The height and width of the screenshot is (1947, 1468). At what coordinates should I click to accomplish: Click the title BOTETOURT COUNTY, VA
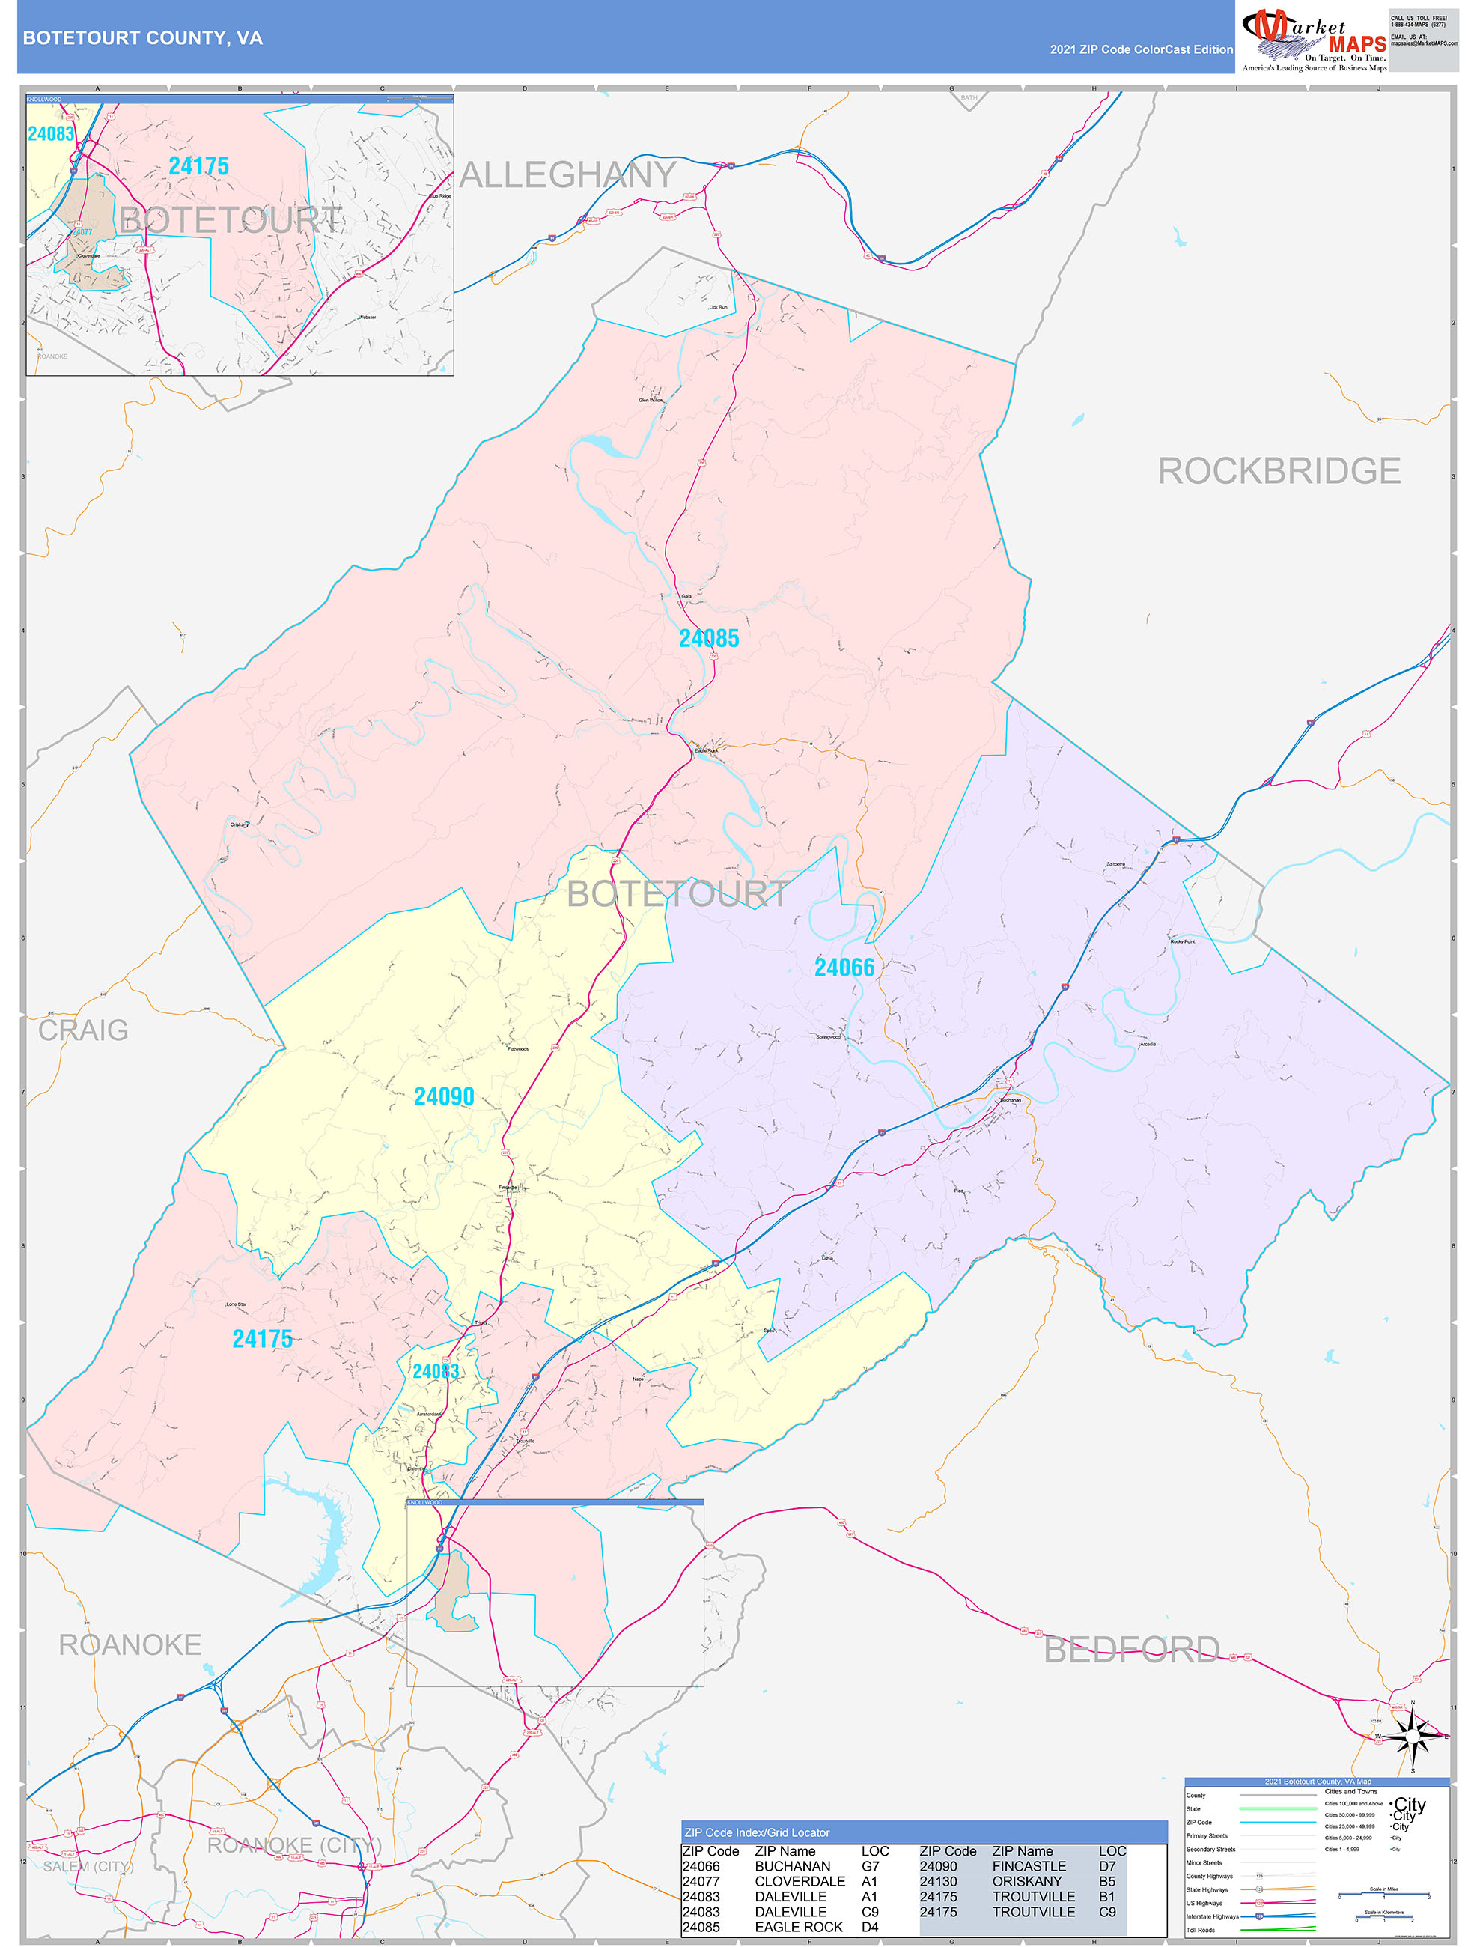coord(142,38)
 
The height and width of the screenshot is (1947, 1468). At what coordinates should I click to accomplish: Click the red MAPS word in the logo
coord(1356,44)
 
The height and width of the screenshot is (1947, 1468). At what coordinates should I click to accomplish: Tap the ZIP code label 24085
coord(708,638)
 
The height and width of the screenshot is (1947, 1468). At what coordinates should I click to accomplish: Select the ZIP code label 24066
coord(844,968)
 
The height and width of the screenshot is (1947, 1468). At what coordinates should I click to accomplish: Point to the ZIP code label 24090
coord(444,1096)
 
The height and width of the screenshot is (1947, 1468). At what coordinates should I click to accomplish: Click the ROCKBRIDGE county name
coord(1278,471)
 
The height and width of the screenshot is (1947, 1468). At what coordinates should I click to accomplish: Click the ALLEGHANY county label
coord(567,175)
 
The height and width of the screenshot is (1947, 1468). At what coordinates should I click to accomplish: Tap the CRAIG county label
coord(83,1030)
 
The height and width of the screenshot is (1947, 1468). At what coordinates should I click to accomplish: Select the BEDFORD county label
coord(1131,1650)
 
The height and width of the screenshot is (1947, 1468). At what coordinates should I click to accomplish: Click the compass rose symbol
coord(1412,1737)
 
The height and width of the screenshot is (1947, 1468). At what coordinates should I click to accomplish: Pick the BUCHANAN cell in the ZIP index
coord(792,1866)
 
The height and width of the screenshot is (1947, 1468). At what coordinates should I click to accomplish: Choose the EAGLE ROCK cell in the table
coord(798,1927)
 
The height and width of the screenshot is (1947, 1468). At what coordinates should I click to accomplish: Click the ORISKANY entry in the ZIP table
coord(1026,1881)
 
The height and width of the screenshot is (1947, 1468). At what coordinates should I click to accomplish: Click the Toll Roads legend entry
coord(1201,1929)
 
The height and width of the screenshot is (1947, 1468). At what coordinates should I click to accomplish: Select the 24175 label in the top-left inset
coord(198,165)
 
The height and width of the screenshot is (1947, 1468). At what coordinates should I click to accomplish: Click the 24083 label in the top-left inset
coord(51,134)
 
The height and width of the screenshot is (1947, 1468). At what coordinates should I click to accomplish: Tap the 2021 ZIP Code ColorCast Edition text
coord(1141,49)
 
